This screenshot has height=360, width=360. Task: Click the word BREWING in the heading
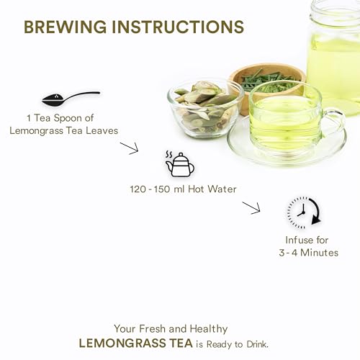pyautogui.click(x=66, y=27)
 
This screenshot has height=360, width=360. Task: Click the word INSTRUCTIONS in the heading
pyautogui.click(x=178, y=27)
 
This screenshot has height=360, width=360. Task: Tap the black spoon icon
pyautogui.click(x=71, y=98)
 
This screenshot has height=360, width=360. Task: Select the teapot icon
pyautogui.click(x=180, y=164)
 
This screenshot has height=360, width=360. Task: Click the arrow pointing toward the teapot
pyautogui.click(x=130, y=148)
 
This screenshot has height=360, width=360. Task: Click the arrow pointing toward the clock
pyautogui.click(x=251, y=208)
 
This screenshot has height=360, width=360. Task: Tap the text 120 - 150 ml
pyautogui.click(x=157, y=189)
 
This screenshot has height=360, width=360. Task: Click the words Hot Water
pyautogui.click(x=212, y=189)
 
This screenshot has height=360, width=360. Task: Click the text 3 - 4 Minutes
pyautogui.click(x=309, y=253)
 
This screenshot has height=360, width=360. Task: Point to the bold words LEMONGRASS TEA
pyautogui.click(x=135, y=343)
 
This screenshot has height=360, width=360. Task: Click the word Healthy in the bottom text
pyautogui.click(x=209, y=329)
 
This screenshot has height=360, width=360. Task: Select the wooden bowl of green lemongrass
pyautogui.click(x=267, y=84)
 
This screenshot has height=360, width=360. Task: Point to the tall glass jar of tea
pyautogui.click(x=334, y=58)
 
